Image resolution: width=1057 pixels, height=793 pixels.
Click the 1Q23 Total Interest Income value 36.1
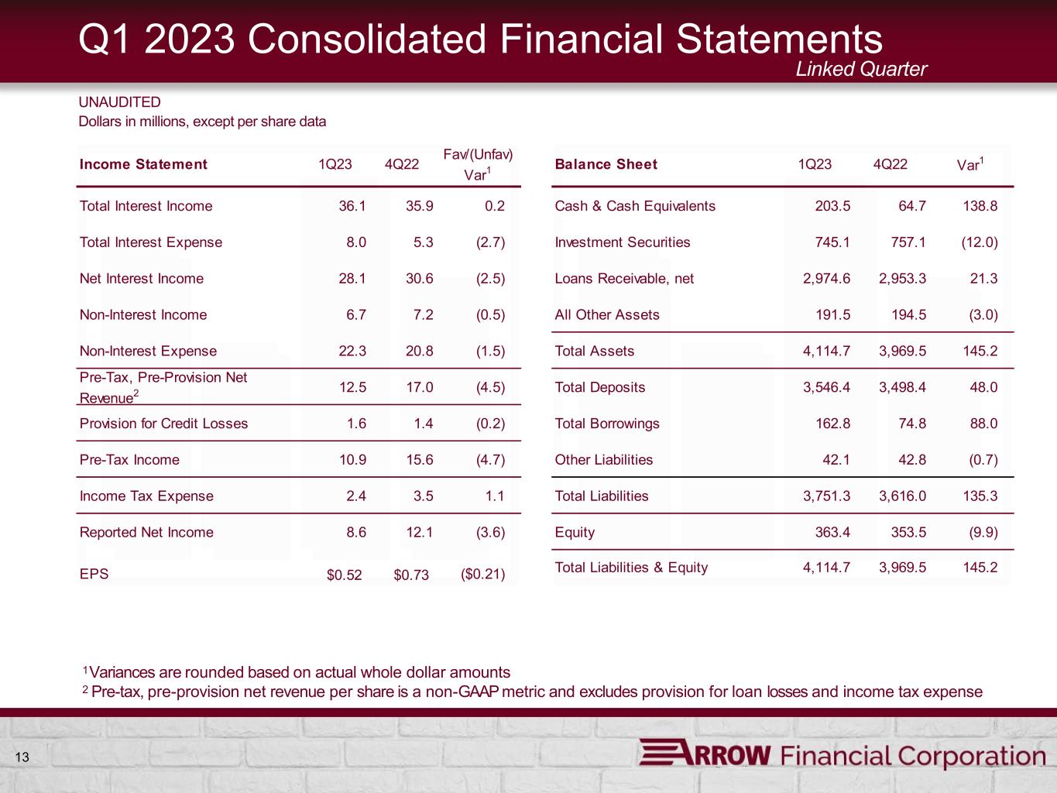tap(352, 206)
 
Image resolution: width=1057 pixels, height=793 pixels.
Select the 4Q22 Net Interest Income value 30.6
tap(419, 278)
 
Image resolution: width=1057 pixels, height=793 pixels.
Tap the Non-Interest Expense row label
tap(148, 351)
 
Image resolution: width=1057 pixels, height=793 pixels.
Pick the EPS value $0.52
tap(344, 575)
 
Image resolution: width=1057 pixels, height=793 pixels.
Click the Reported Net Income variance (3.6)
tap(490, 532)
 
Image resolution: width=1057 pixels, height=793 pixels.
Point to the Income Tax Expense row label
tap(146, 496)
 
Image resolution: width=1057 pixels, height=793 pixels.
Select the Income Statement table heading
tap(143, 164)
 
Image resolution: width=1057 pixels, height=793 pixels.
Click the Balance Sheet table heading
tap(606, 164)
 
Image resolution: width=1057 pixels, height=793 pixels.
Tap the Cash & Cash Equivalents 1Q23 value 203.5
tap(832, 206)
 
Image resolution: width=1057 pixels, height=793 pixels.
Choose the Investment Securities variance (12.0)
tap(980, 242)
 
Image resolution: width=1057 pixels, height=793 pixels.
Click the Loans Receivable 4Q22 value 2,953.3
tap(902, 278)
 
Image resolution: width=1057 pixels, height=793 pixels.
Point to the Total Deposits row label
tap(599, 387)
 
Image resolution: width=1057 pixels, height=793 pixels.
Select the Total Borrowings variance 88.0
tap(983, 424)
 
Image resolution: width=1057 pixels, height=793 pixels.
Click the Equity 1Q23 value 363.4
tap(832, 532)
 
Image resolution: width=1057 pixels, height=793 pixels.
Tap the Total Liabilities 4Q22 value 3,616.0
tap(902, 496)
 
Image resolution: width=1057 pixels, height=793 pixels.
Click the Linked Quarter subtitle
tap(861, 69)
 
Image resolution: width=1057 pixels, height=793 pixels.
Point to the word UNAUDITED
tap(119, 102)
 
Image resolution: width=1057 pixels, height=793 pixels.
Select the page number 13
tap(22, 757)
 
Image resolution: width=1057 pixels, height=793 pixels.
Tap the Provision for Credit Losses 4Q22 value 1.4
tap(424, 424)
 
